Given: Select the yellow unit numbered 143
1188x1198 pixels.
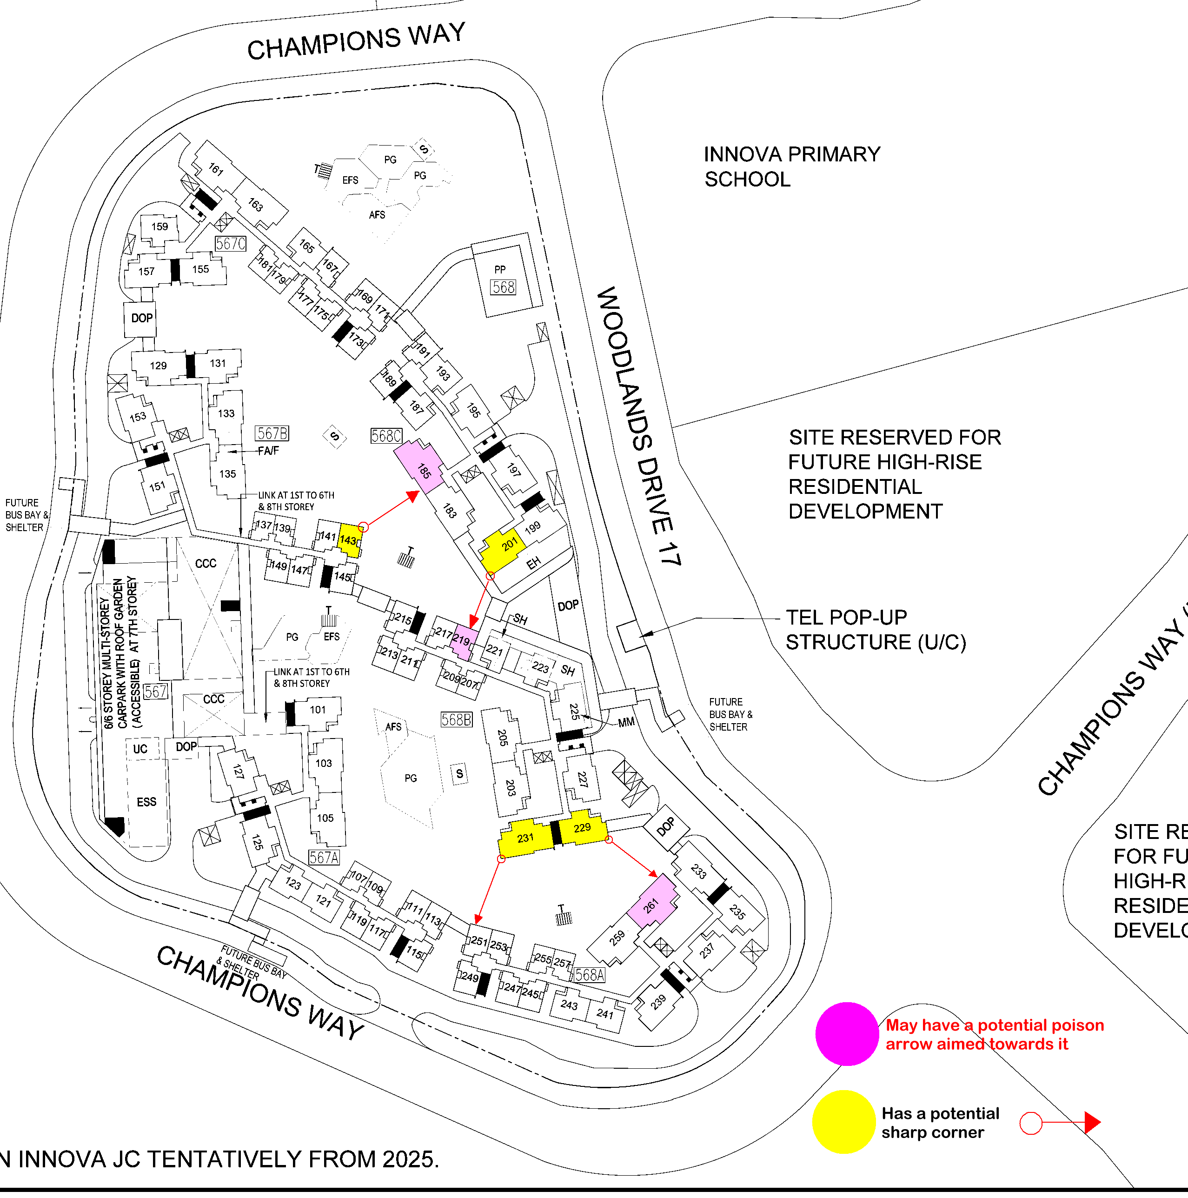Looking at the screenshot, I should pos(349,540).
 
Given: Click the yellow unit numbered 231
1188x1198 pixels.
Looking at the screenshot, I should pos(525,838).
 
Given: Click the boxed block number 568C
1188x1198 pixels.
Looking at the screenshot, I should pos(385,436).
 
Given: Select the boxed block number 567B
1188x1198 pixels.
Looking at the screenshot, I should pos(272,433).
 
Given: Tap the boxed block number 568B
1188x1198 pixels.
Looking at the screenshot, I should pos(456,719).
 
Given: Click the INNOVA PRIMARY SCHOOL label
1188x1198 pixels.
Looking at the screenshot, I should pos(791,166).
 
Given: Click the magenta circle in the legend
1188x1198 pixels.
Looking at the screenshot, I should pos(846,1034).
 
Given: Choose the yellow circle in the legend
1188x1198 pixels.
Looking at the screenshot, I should pos(843,1122).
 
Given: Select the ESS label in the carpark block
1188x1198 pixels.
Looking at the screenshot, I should pos(146,802).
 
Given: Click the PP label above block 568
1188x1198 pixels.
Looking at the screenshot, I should pos(500,270).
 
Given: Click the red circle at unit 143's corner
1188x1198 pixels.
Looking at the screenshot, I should pos(364,527).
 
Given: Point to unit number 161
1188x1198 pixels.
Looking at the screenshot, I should pos(216,169).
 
